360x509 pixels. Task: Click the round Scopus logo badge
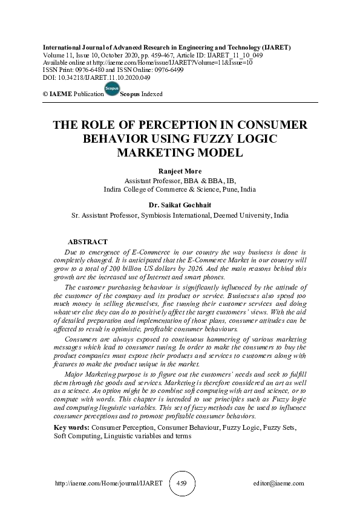coord(112,89)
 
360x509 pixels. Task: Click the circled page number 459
coord(180,484)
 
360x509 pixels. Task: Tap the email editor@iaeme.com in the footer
coord(279,484)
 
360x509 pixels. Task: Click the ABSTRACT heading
coord(88,242)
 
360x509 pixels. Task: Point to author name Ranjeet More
coord(180,172)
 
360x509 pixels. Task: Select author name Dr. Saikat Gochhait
coord(180,206)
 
